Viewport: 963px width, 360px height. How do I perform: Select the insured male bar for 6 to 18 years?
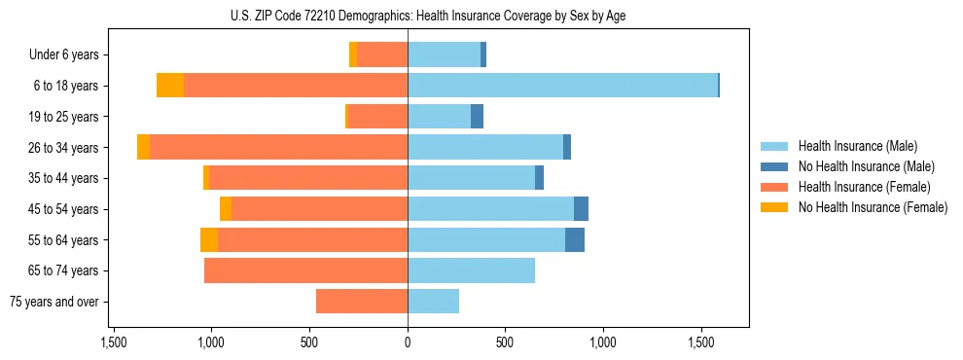[562, 86]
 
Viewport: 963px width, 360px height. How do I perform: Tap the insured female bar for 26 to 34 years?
[278, 147]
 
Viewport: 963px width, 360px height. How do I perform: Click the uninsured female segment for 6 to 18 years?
[170, 86]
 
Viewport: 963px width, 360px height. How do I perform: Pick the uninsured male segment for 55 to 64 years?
[575, 239]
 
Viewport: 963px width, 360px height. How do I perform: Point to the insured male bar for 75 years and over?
[433, 302]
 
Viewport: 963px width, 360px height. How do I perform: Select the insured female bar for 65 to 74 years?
[305, 270]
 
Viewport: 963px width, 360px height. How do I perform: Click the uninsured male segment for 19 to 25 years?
[477, 117]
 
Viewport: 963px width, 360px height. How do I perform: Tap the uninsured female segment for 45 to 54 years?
[226, 209]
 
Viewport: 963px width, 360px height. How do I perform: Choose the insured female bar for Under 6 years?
[381, 54]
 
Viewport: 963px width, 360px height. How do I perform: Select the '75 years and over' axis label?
[54, 302]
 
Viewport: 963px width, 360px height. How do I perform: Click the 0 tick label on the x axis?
[408, 343]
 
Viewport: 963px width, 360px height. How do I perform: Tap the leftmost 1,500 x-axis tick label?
[113, 343]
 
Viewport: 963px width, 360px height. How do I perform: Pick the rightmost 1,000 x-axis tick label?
[603, 343]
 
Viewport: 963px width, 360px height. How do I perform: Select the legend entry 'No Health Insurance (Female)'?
[873, 207]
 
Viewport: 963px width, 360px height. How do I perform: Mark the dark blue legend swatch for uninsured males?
[774, 166]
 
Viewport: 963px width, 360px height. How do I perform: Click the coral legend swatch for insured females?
[774, 187]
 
